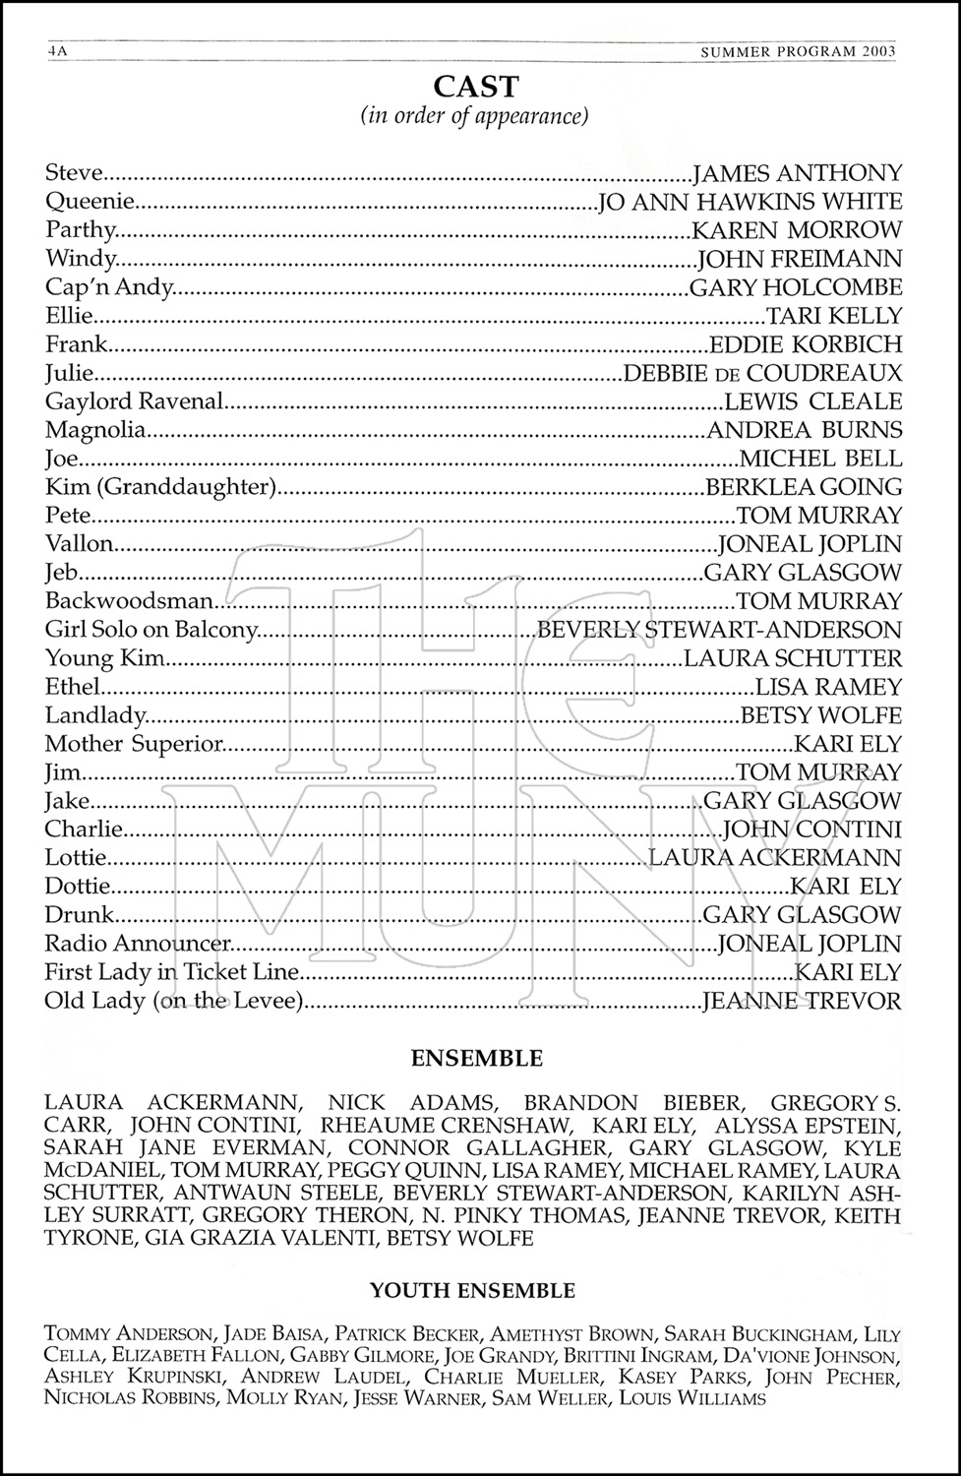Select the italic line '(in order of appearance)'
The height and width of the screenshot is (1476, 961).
[x=476, y=116]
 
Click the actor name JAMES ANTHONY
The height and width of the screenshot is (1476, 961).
[x=798, y=173]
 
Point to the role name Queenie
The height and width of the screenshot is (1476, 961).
[x=89, y=202]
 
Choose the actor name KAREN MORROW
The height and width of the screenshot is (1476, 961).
[x=797, y=230]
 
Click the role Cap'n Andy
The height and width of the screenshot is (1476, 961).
[x=109, y=287]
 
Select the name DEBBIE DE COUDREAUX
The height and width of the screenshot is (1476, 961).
[x=762, y=373]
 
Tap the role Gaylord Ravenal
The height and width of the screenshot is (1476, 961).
[x=135, y=401]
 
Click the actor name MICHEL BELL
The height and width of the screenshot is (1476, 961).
[x=820, y=459]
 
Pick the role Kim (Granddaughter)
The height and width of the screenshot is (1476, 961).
[x=157, y=487]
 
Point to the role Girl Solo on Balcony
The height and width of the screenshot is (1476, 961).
[x=151, y=630]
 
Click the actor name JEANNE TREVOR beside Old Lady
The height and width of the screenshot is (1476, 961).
[x=802, y=1002]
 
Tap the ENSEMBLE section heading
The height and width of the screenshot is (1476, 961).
[x=476, y=1059]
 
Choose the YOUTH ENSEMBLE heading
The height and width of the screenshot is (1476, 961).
[x=472, y=1290]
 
